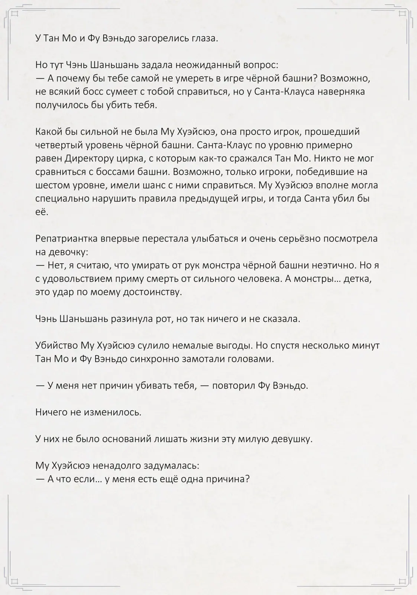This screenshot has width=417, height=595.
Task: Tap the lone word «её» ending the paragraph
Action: pos(42,212)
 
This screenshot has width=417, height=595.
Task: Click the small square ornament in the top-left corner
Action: pos(15,14)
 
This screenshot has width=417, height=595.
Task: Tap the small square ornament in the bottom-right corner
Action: pos(402,580)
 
